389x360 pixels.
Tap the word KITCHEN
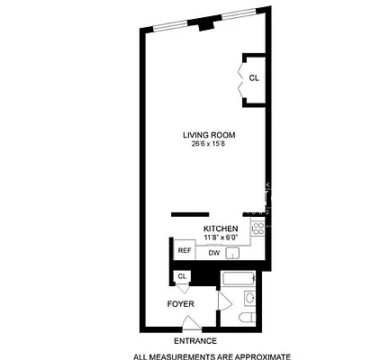221,229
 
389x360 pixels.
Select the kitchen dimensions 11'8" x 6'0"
221,238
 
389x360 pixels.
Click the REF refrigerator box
184,251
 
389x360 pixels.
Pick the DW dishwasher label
213,253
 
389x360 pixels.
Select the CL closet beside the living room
253,78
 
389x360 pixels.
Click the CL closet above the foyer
183,276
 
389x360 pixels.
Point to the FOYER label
181,303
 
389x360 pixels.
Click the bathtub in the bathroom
238,278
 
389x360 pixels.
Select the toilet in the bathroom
248,319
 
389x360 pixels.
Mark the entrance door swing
190,323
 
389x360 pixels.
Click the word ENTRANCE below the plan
194,342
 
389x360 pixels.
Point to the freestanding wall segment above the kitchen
191,214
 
